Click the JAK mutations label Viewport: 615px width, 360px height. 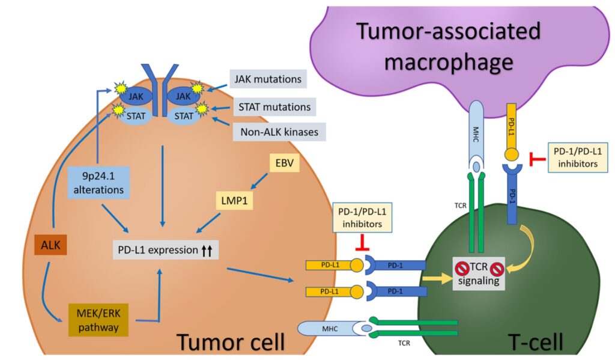point(267,79)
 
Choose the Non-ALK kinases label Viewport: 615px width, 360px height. point(278,132)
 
